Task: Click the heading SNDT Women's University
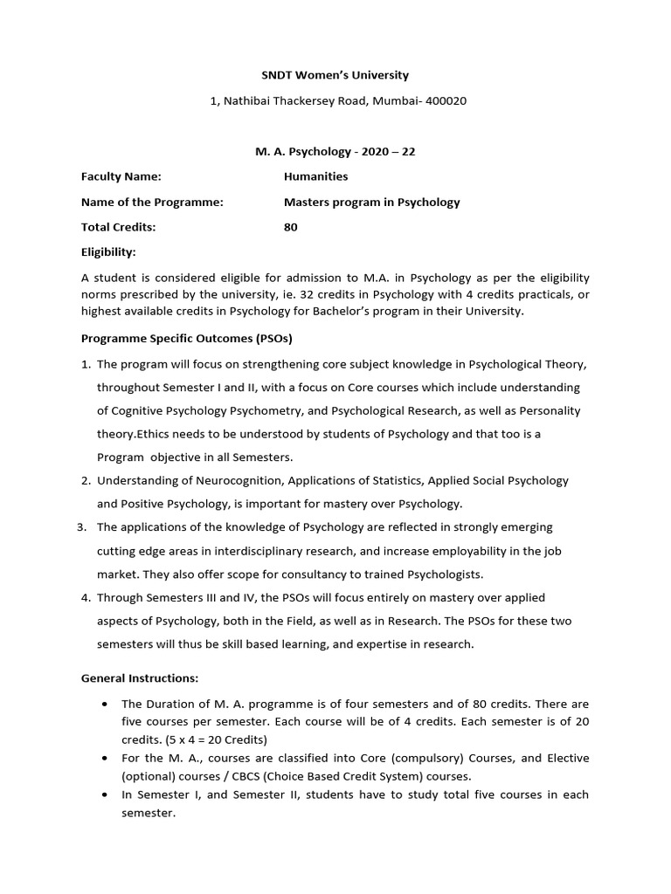click(335, 76)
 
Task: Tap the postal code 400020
click(443, 101)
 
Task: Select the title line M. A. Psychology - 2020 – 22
click(335, 151)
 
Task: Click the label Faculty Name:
click(121, 176)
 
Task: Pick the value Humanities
click(315, 176)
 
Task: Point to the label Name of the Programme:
click(153, 202)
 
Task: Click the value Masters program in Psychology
click(371, 202)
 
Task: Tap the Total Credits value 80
click(291, 227)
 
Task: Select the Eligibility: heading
click(108, 252)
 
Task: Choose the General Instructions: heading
click(140, 677)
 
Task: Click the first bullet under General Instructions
click(105, 704)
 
